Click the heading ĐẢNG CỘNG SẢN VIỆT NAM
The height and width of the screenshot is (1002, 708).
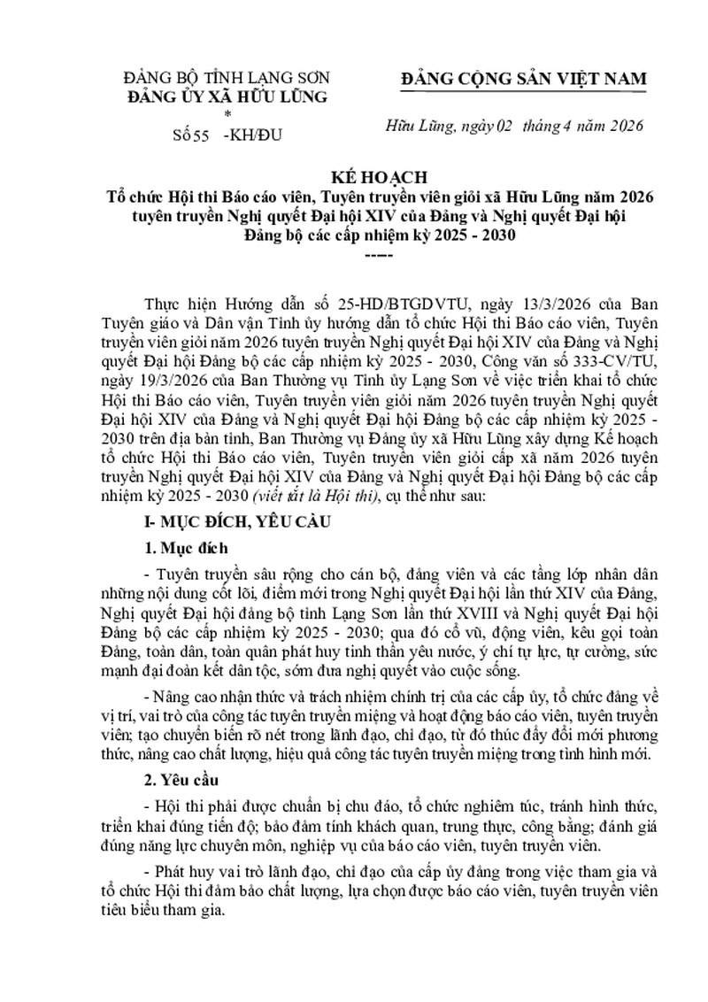pyautogui.click(x=524, y=79)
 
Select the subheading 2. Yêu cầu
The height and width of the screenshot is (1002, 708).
pyautogui.click(x=183, y=782)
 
